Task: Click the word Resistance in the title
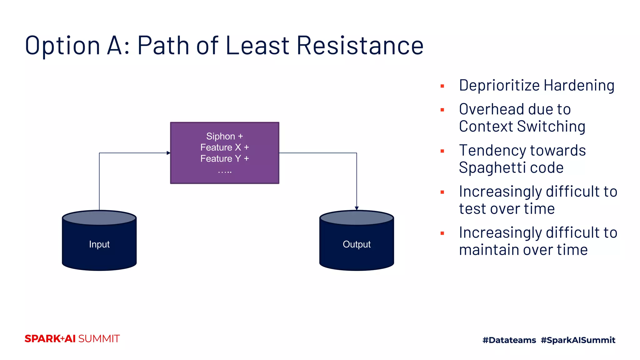[360, 46]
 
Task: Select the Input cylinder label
[99, 244]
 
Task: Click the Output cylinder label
[357, 244]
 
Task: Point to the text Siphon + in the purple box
[224, 136]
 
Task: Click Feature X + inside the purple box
[224, 147]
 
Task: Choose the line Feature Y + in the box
[224, 158]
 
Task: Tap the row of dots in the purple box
[225, 172]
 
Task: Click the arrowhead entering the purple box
[168, 153]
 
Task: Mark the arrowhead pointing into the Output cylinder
[357, 208]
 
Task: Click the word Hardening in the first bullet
[579, 85]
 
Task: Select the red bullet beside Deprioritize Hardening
[442, 86]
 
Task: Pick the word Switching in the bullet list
[551, 127]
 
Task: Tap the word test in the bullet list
[472, 209]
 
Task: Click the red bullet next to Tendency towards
[442, 151]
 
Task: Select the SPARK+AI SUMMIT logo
[72, 339]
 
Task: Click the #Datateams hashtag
[509, 340]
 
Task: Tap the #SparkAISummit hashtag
[578, 340]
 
